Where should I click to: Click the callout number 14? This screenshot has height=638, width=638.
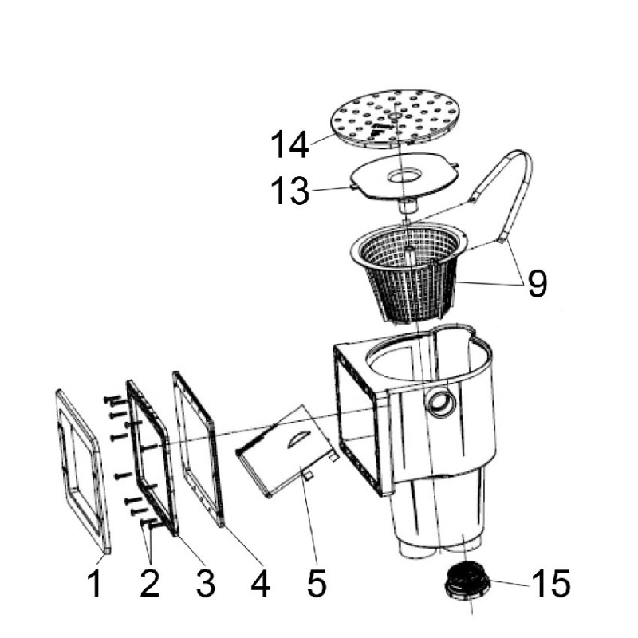point(289,144)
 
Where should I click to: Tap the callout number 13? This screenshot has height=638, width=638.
point(289,191)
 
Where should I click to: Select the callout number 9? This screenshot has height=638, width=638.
point(537,284)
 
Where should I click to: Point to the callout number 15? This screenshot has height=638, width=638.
point(551,583)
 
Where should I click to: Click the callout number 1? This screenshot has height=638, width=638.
point(95,584)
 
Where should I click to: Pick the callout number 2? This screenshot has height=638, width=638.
point(150,584)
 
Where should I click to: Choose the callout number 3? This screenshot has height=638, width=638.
point(205,584)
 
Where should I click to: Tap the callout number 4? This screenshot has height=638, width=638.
point(261,584)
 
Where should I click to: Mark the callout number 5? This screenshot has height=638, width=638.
point(317,584)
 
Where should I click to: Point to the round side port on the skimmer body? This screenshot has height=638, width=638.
point(439,402)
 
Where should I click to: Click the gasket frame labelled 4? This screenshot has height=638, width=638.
point(199,447)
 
